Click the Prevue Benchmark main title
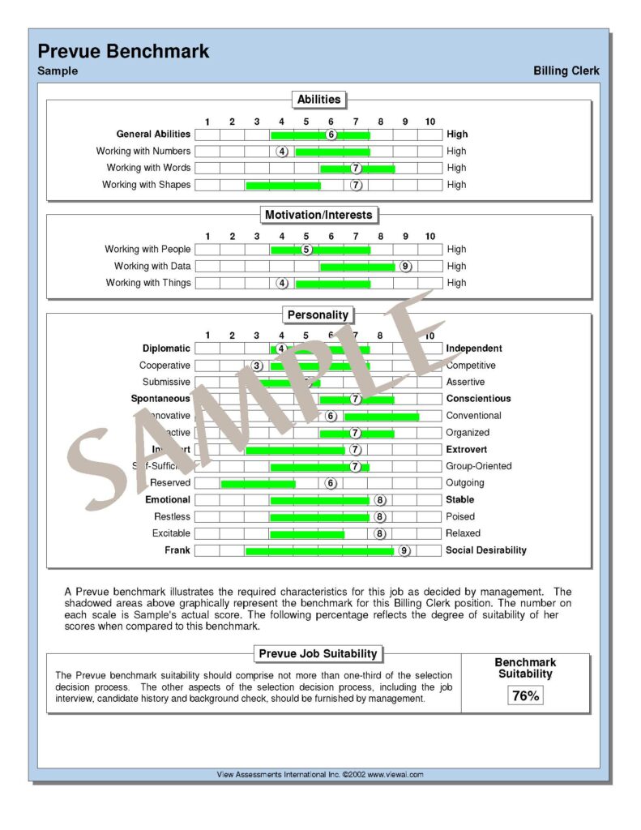[123, 51]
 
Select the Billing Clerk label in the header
[566, 71]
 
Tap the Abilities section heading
[318, 100]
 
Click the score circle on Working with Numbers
[282, 152]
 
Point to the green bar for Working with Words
[357, 169]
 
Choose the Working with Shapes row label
[147, 185]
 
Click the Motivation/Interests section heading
[318, 215]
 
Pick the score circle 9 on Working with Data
[405, 266]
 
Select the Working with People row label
[147, 250]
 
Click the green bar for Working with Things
[332, 284]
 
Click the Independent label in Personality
[474, 349]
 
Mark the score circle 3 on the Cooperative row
[257, 366]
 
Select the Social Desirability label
[486, 550]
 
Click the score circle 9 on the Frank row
[404, 550]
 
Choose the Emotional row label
[168, 500]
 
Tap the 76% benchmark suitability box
[525, 695]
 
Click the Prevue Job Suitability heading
[318, 654]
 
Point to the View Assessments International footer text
[320, 775]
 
